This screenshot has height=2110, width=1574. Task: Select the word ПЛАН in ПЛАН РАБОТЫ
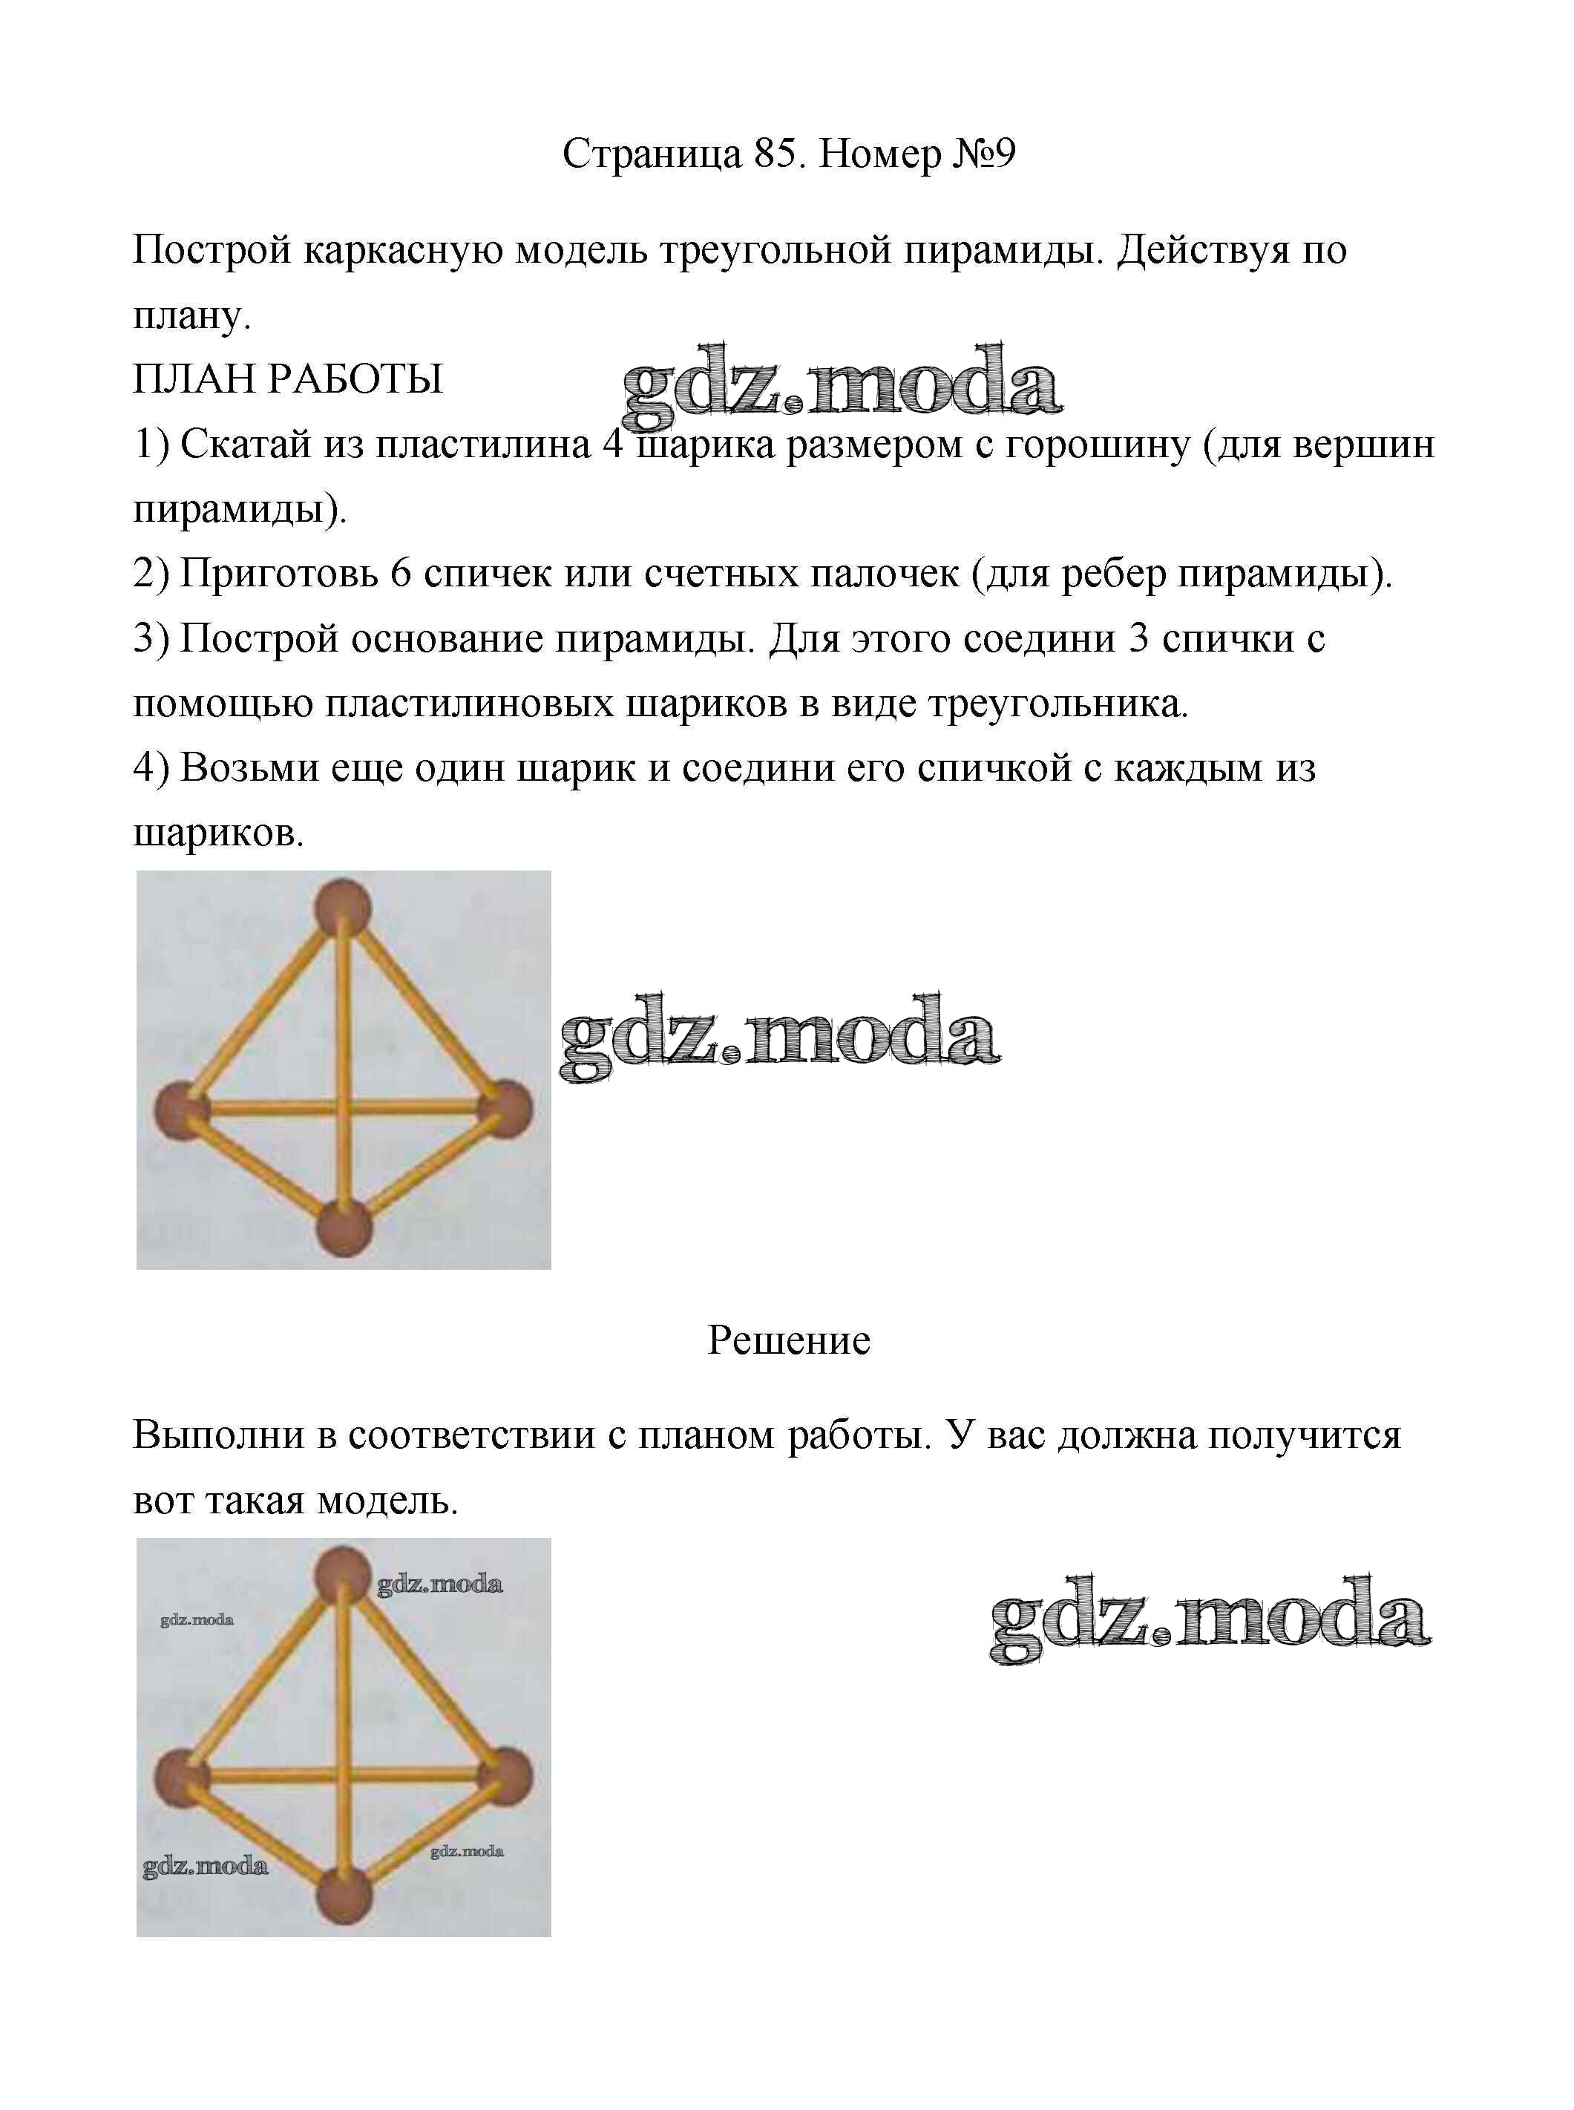coord(192,379)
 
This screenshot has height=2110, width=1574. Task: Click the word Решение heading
coord(788,1340)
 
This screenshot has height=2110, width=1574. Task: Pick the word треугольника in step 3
coord(1057,704)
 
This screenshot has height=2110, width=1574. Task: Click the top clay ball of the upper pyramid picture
coord(343,907)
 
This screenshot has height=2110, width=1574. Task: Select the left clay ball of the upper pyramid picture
coord(181,1110)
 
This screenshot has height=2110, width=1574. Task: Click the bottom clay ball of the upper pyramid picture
coord(343,1229)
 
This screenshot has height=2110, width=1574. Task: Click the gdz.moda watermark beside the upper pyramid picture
coord(779,1038)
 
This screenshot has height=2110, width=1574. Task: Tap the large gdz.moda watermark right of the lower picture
coord(1210,1619)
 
